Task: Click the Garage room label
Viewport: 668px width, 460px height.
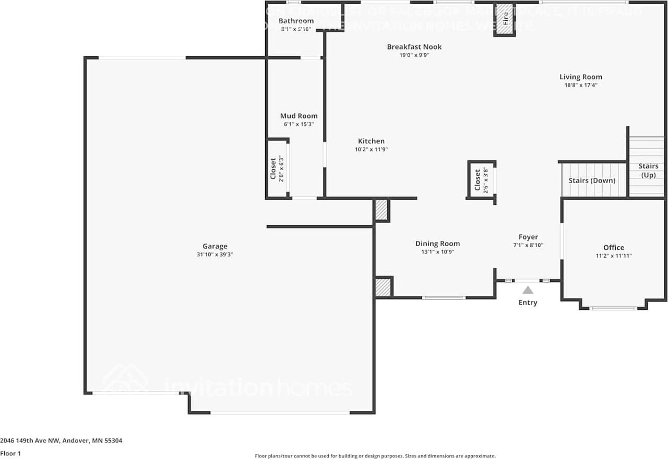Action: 215,247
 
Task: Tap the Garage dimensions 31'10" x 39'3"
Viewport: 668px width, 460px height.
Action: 215,255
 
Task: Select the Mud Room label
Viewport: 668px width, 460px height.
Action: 299,116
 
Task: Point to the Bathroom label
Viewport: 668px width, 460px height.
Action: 296,21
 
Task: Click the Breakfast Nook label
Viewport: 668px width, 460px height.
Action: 414,47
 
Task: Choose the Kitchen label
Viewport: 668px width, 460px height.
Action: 371,141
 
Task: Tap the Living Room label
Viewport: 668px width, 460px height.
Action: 581,77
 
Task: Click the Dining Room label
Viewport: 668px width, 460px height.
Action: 437,244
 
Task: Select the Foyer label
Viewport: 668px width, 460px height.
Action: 528,237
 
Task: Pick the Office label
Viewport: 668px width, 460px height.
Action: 614,248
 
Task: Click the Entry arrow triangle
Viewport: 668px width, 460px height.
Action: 528,290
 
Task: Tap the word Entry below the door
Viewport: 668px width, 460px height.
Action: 528,302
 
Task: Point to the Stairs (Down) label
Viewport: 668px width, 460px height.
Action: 592,180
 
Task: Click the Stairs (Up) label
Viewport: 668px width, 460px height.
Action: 648,171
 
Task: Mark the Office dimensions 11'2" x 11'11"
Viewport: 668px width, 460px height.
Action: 614,256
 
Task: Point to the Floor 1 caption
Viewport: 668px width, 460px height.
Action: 10,454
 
